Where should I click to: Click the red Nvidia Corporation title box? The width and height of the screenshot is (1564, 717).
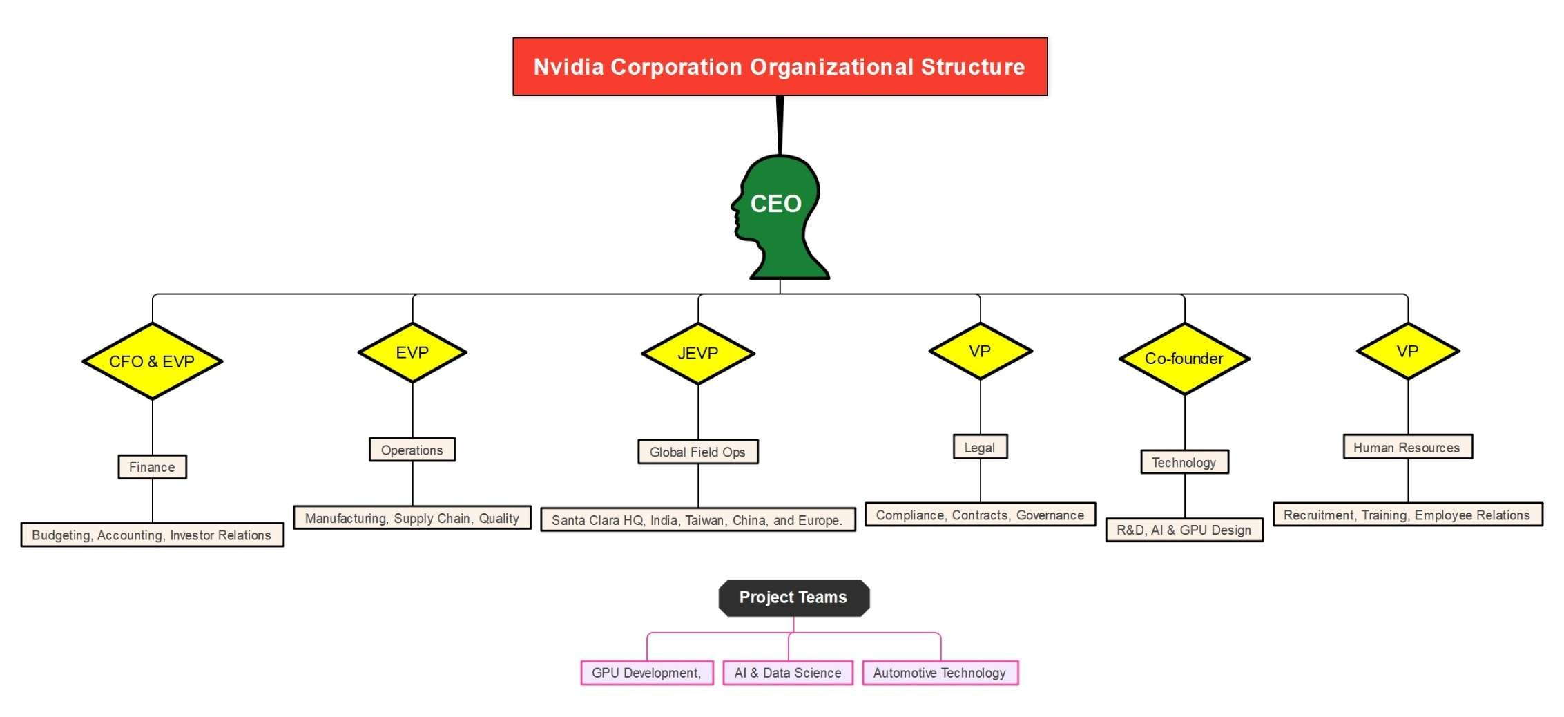tap(780, 66)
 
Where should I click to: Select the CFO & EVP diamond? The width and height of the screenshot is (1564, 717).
tap(152, 361)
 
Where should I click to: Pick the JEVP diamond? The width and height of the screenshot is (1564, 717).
tap(697, 353)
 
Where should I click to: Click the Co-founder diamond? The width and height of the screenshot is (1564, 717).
tap(1184, 358)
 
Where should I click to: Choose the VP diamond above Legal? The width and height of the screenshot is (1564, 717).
tap(980, 351)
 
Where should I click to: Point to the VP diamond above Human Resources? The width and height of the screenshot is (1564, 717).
tap(1407, 351)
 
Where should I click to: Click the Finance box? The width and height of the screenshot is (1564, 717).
tap(152, 467)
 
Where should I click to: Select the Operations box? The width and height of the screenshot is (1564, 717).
tap(412, 450)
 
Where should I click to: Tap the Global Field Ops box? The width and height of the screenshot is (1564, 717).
tap(697, 452)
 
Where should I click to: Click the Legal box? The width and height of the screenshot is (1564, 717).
tap(980, 447)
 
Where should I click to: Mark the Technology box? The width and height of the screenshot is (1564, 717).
tap(1184, 462)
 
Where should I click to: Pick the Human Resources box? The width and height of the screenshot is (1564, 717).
tap(1407, 447)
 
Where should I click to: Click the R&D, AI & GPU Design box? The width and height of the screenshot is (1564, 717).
tap(1184, 530)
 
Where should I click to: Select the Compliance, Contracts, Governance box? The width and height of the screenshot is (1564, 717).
tap(980, 515)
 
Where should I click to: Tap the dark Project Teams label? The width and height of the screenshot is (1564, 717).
tap(793, 597)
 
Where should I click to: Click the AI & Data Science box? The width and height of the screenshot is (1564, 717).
tap(788, 673)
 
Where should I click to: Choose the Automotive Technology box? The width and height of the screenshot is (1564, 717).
tap(940, 673)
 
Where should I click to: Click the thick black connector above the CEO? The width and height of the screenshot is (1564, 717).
tap(780, 125)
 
